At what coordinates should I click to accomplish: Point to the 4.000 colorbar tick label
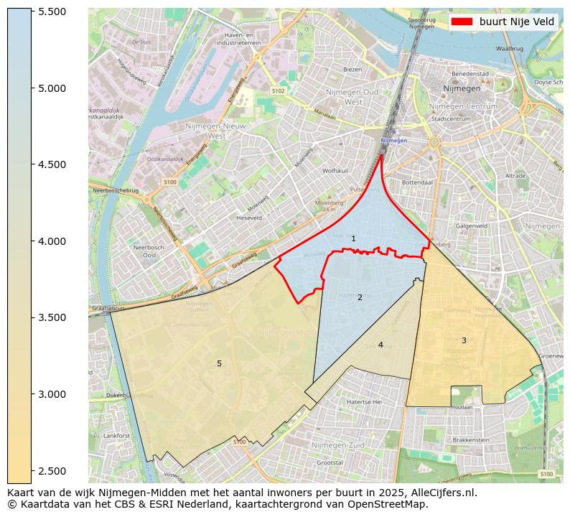point(52,241)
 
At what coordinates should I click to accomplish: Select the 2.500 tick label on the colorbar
point(52,470)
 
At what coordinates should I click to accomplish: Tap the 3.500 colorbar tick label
point(52,317)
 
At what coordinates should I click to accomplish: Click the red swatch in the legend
point(462,22)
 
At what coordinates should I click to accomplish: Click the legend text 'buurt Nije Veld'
point(517,22)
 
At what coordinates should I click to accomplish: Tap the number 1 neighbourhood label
point(353,238)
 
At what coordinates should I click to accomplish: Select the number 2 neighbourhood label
point(360,297)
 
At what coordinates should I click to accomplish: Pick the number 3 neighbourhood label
point(464,340)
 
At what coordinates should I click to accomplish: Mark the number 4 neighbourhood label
point(380,345)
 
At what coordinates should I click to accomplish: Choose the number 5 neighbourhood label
point(219,363)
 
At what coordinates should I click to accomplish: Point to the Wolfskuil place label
point(335,171)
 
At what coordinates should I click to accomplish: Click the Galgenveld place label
point(472,225)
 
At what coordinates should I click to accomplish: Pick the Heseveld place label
point(249,217)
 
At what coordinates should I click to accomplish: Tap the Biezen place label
point(352,70)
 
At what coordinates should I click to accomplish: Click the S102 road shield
point(279,91)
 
